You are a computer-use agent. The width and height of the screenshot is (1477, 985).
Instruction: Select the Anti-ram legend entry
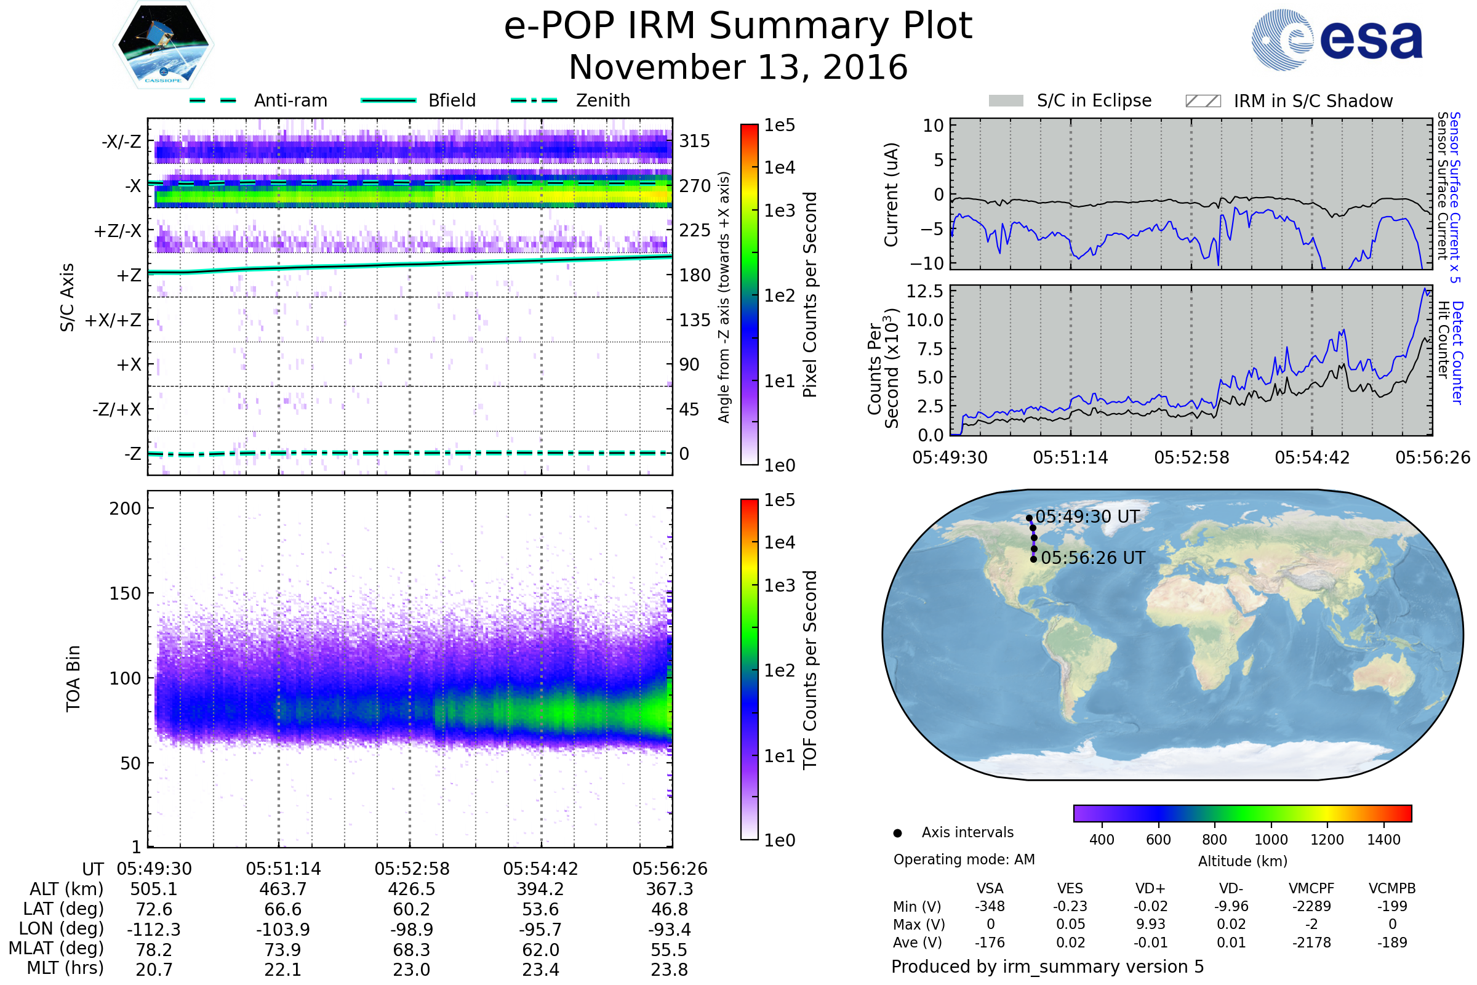tap(290, 100)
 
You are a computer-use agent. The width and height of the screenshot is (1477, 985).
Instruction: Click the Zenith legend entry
tap(602, 100)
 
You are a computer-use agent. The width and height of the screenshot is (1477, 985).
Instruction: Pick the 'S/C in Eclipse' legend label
tap(1094, 100)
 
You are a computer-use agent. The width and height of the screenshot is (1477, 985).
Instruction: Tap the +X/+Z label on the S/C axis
tap(113, 320)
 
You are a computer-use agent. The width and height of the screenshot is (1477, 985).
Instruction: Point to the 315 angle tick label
tap(694, 141)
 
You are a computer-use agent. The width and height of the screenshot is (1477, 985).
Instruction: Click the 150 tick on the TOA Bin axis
tap(125, 593)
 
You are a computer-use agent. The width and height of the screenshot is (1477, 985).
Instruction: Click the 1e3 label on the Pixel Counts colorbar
tap(779, 211)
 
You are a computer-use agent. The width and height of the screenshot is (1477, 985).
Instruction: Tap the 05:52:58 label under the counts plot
tap(1191, 457)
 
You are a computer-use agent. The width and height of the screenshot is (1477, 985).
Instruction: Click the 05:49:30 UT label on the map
tap(1087, 517)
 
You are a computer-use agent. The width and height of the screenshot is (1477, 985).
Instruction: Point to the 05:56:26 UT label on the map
tap(1093, 558)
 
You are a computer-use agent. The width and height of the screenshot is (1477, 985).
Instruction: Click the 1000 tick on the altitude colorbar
tap(1270, 840)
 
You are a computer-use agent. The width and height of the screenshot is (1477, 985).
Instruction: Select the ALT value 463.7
tap(282, 890)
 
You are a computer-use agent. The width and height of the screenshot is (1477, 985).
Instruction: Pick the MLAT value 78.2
tap(154, 950)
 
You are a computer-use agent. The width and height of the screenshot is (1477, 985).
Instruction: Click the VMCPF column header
tap(1311, 888)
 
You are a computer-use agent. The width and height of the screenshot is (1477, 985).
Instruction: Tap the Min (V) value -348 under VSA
tap(990, 906)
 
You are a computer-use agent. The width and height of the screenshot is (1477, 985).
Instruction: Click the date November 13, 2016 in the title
tap(738, 67)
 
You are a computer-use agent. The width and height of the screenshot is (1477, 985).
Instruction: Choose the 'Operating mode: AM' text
tap(964, 859)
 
